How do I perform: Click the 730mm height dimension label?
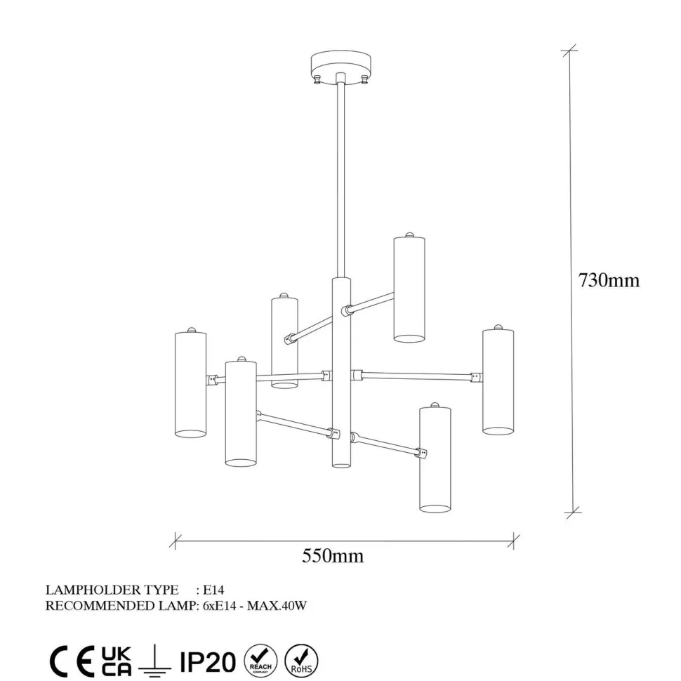pos(609,281)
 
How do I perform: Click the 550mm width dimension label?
pos(333,555)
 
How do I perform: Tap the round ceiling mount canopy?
pos(341,65)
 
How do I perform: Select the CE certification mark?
pos(72,662)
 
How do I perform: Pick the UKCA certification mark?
pos(116,661)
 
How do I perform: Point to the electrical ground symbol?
pos(154,662)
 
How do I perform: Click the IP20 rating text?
pos(208,662)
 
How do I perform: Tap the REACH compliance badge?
pos(260,661)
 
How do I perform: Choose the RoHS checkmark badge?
pos(301,661)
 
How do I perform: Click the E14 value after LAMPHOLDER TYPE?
pos(213,590)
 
